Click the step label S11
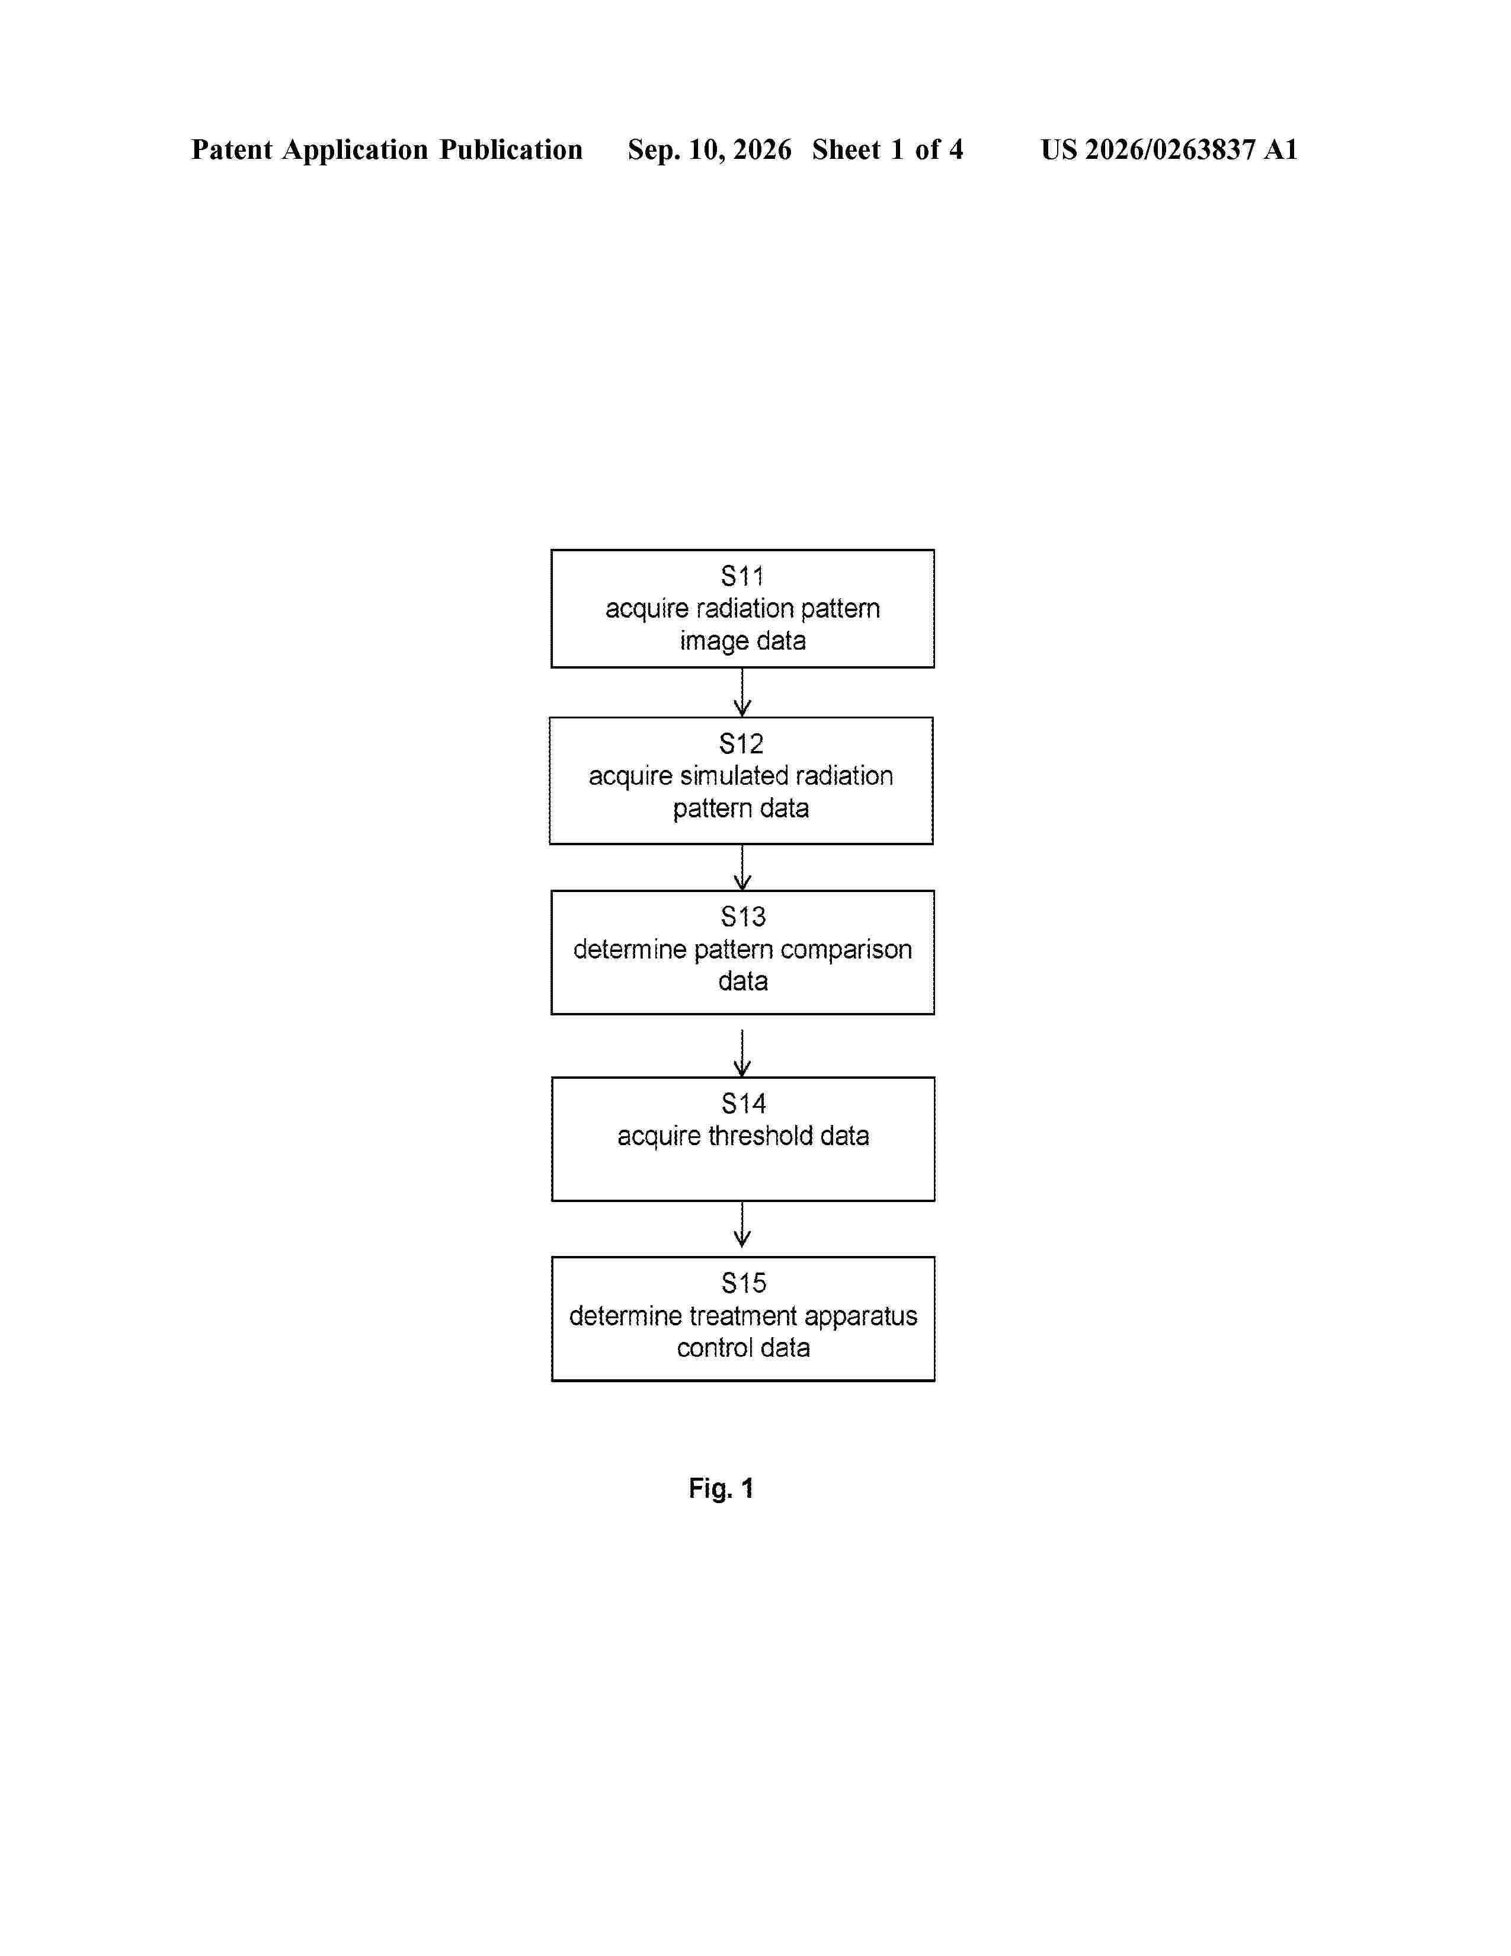tap(742, 576)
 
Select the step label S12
tap(741, 743)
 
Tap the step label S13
tap(743, 916)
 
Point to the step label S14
tap(743, 1104)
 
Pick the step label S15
tap(743, 1283)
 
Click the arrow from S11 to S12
tap(742, 692)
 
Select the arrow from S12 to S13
tap(742, 867)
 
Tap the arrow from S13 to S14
tap(742, 1053)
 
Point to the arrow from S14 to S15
tap(742, 1225)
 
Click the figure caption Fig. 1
tap(721, 1488)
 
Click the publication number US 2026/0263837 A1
tap(1169, 149)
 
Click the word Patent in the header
tap(232, 149)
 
